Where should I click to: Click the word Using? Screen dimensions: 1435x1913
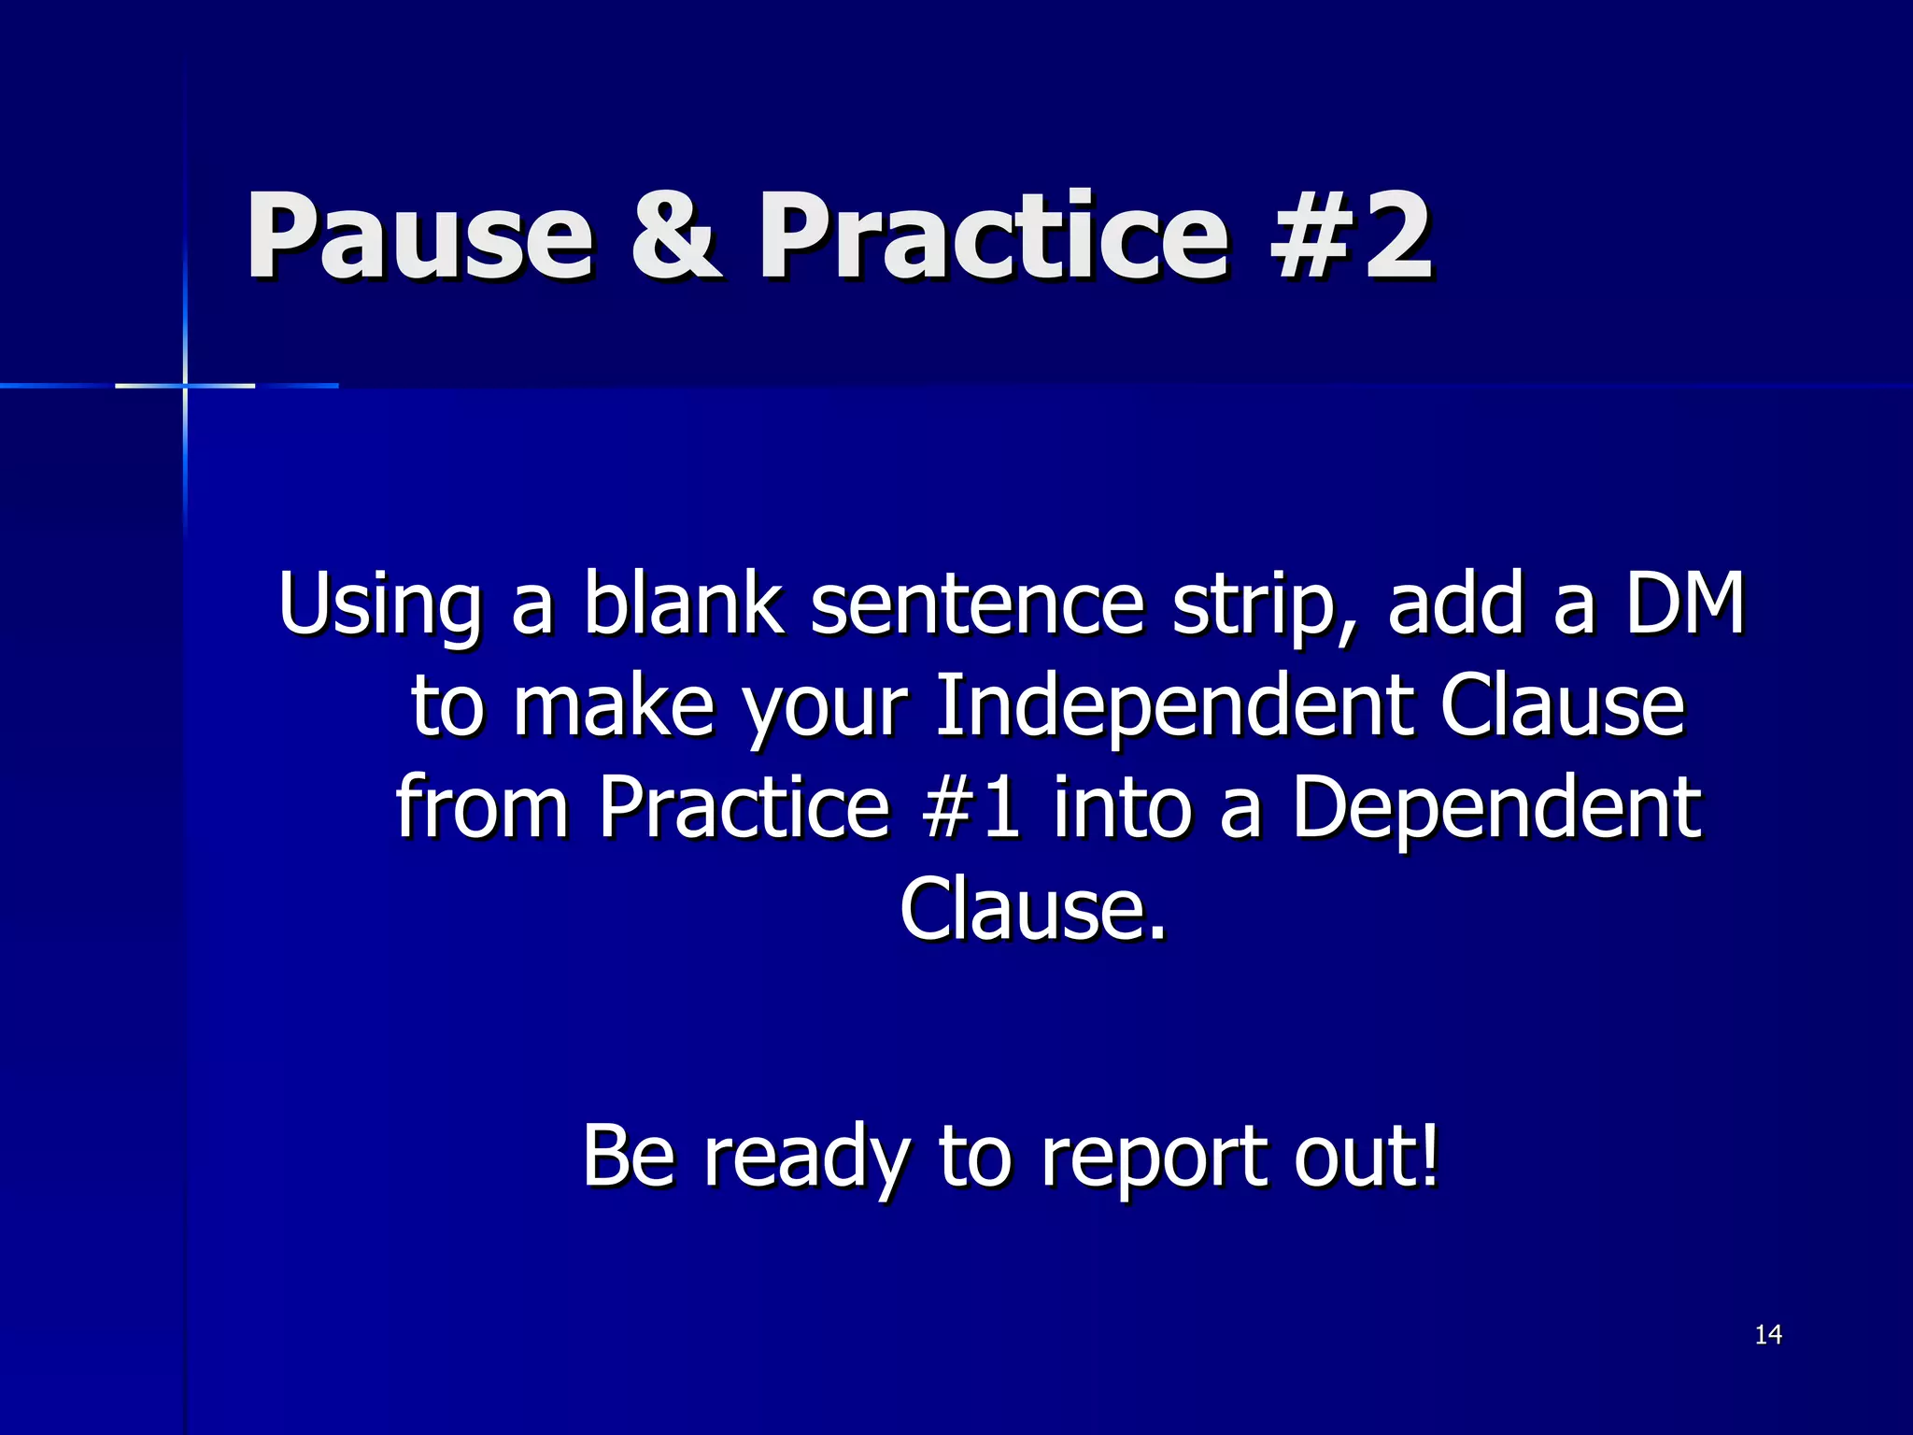pyautogui.click(x=379, y=605)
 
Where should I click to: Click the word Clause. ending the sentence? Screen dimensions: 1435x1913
pyautogui.click(x=1032, y=908)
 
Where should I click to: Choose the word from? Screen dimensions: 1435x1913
pyautogui.click(x=482, y=807)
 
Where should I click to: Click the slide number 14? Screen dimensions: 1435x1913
pyautogui.click(x=1767, y=1335)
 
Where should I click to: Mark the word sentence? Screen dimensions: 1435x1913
pyautogui.click(x=976, y=605)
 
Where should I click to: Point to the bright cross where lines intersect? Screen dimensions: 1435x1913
pyautogui.click(x=185, y=385)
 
